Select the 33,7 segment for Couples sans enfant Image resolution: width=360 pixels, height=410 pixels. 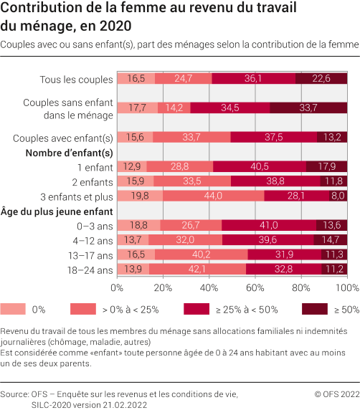coord(309,108)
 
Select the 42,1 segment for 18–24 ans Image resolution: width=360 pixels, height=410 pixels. coord(198,270)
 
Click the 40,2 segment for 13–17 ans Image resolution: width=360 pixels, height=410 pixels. coord(202,254)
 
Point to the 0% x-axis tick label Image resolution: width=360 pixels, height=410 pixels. coord(117,287)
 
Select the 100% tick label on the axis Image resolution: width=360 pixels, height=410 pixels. coord(346,287)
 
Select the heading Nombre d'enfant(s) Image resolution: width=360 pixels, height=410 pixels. coord(69,153)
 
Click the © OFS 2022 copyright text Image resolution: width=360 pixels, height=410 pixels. coord(336,394)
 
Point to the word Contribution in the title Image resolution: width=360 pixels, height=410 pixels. coord(39,9)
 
